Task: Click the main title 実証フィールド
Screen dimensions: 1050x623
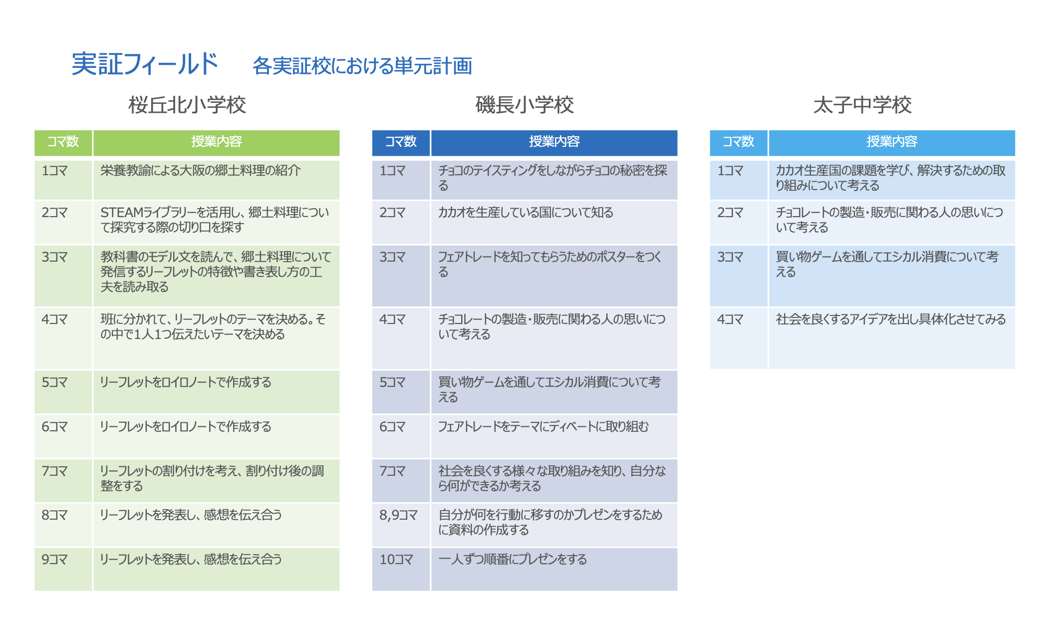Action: pyautogui.click(x=145, y=64)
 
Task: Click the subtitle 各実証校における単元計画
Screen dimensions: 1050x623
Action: pyautogui.click(x=362, y=66)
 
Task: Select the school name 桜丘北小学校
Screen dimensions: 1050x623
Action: pyautogui.click(x=187, y=105)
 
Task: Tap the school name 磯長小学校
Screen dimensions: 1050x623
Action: pyautogui.click(x=525, y=105)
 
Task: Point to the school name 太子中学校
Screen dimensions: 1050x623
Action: pyautogui.click(x=862, y=105)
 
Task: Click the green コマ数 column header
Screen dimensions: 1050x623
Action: pyautogui.click(x=63, y=142)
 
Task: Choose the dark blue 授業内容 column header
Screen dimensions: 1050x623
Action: pyautogui.click(x=554, y=142)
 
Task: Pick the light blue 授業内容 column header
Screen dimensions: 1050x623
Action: pyautogui.click(x=892, y=142)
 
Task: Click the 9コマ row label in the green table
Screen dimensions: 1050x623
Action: pyautogui.click(x=54, y=560)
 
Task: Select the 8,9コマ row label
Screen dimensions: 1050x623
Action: pyautogui.click(x=398, y=515)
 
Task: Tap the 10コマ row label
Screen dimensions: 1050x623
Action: pyautogui.click(x=396, y=560)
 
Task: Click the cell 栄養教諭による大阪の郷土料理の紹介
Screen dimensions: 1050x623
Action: pyautogui.click(x=201, y=171)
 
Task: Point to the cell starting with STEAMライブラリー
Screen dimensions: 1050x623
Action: pyautogui.click(x=215, y=220)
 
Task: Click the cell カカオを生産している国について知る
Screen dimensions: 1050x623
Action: pyautogui.click(x=525, y=213)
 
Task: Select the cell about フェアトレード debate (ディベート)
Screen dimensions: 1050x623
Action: pyautogui.click(x=543, y=427)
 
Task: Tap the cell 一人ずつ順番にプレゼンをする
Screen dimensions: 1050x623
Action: pyautogui.click(x=513, y=560)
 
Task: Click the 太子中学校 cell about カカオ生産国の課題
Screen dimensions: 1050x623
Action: pyautogui.click(x=891, y=178)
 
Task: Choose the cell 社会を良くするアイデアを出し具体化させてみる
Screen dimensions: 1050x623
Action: pyautogui.click(x=891, y=319)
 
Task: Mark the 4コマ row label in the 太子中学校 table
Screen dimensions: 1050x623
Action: pyautogui.click(x=730, y=319)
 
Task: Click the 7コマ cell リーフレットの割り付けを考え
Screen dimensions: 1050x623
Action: pyautogui.click(x=212, y=478)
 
